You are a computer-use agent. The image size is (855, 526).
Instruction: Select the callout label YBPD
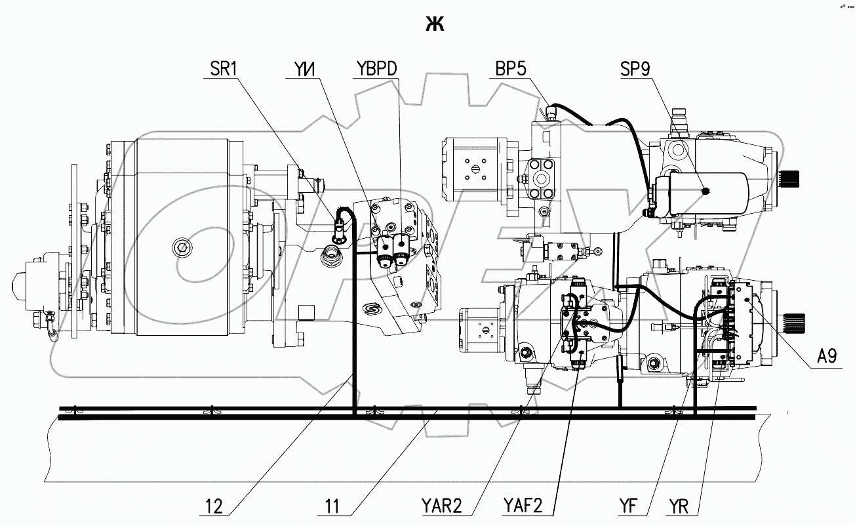pyautogui.click(x=377, y=69)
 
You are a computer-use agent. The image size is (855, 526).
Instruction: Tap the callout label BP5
pyautogui.click(x=512, y=69)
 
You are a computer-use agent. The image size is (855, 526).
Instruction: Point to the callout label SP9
pyautogui.click(x=635, y=69)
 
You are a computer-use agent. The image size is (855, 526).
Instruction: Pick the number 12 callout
pyautogui.click(x=214, y=506)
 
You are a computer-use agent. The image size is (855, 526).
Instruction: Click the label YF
pyautogui.click(x=628, y=506)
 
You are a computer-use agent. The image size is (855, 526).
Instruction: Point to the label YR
pyautogui.click(x=683, y=506)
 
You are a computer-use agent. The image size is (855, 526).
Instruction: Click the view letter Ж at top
pyautogui.click(x=435, y=24)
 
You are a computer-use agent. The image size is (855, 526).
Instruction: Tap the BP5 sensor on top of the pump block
pyautogui.click(x=549, y=115)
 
